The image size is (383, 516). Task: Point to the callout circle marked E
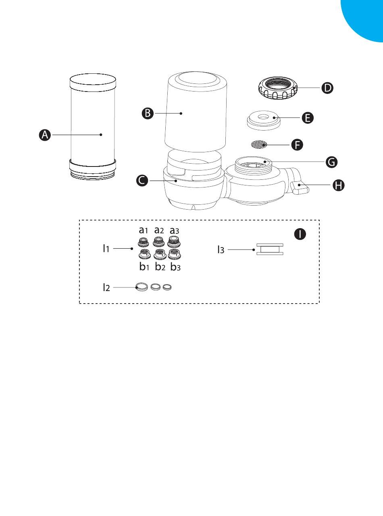(308, 118)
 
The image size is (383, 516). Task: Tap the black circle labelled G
(332, 162)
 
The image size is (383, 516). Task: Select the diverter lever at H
(298, 187)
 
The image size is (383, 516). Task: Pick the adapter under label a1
(142, 242)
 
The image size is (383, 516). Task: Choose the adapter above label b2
(158, 254)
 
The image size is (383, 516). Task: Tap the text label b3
(176, 267)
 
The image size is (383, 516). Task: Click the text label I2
(106, 287)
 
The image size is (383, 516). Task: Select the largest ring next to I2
(141, 287)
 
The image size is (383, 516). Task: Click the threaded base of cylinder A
(93, 174)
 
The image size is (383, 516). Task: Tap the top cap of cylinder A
(93, 83)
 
